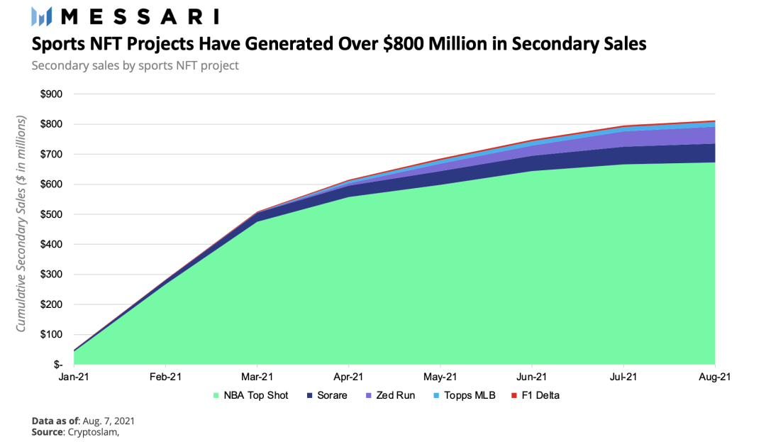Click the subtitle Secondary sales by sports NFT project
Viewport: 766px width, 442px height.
tap(135, 66)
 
